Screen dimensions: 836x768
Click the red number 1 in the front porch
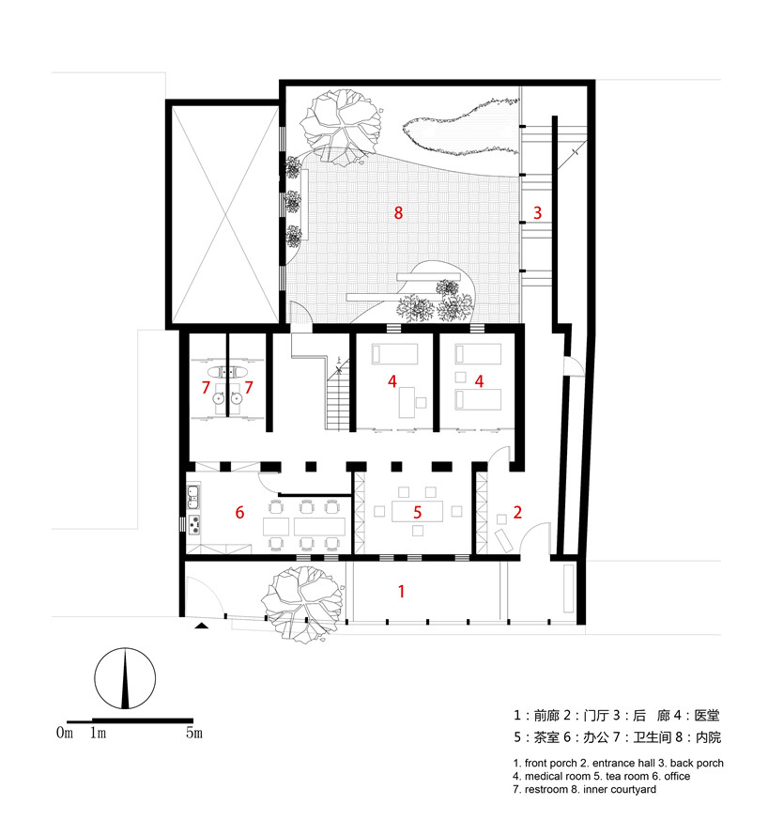pyautogui.click(x=402, y=592)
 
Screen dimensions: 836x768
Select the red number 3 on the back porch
pyautogui.click(x=537, y=213)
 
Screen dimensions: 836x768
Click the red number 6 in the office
pyautogui.click(x=239, y=513)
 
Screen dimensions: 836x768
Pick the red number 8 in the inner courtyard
pyautogui.click(x=398, y=213)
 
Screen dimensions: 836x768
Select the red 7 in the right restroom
pyautogui.click(x=250, y=386)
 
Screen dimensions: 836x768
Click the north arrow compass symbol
pyautogui.click(x=125, y=680)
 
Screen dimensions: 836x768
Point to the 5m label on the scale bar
pyautogui.click(x=193, y=733)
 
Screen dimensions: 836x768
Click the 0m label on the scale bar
pyautogui.click(x=64, y=733)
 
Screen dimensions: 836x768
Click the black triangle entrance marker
pyautogui.click(x=201, y=625)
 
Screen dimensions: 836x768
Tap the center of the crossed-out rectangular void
pyautogui.click(x=223, y=214)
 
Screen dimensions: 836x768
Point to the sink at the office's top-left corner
pyautogui.click(x=194, y=494)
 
